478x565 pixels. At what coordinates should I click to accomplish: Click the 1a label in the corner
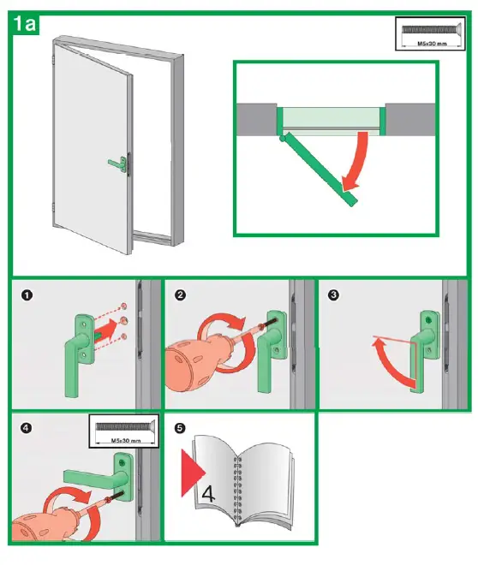pos(24,23)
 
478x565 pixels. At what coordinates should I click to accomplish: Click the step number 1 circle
pos(27,296)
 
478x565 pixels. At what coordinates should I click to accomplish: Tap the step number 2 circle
pos(181,296)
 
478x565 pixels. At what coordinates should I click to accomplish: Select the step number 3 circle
pos(333,296)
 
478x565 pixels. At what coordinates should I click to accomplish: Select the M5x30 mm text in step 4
pos(124,440)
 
